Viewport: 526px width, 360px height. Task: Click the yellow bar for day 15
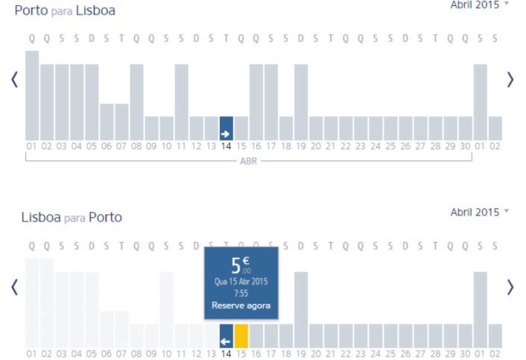[241, 335]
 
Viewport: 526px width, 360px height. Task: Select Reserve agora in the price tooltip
[241, 306]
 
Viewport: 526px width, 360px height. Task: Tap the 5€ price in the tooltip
[240, 264]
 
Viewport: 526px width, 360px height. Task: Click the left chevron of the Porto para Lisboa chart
[14, 79]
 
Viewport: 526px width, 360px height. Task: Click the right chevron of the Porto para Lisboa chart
[510, 79]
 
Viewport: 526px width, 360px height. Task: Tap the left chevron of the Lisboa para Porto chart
[14, 287]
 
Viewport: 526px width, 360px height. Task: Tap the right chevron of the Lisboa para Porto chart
[510, 287]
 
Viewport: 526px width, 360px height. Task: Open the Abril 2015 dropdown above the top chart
[479, 4]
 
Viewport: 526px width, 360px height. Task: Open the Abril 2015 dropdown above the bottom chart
[479, 212]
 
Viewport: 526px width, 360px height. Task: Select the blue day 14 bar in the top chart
[226, 128]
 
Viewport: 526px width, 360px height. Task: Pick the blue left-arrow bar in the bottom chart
[226, 335]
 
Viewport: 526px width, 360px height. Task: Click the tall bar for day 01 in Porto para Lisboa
[32, 95]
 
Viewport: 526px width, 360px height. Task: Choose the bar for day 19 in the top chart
[301, 102]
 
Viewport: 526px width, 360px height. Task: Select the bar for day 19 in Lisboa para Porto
[301, 310]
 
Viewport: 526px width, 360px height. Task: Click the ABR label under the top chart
[255, 160]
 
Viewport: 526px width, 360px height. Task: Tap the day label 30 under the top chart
[465, 146]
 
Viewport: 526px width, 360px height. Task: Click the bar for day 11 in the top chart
[182, 102]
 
